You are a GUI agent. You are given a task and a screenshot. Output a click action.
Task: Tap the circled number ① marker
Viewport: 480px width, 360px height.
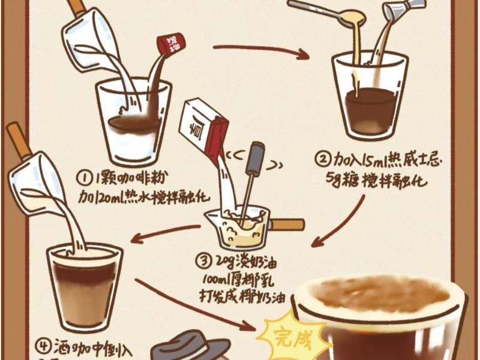click(x=84, y=178)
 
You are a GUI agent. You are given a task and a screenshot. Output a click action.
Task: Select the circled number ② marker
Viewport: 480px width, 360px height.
click(x=323, y=160)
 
